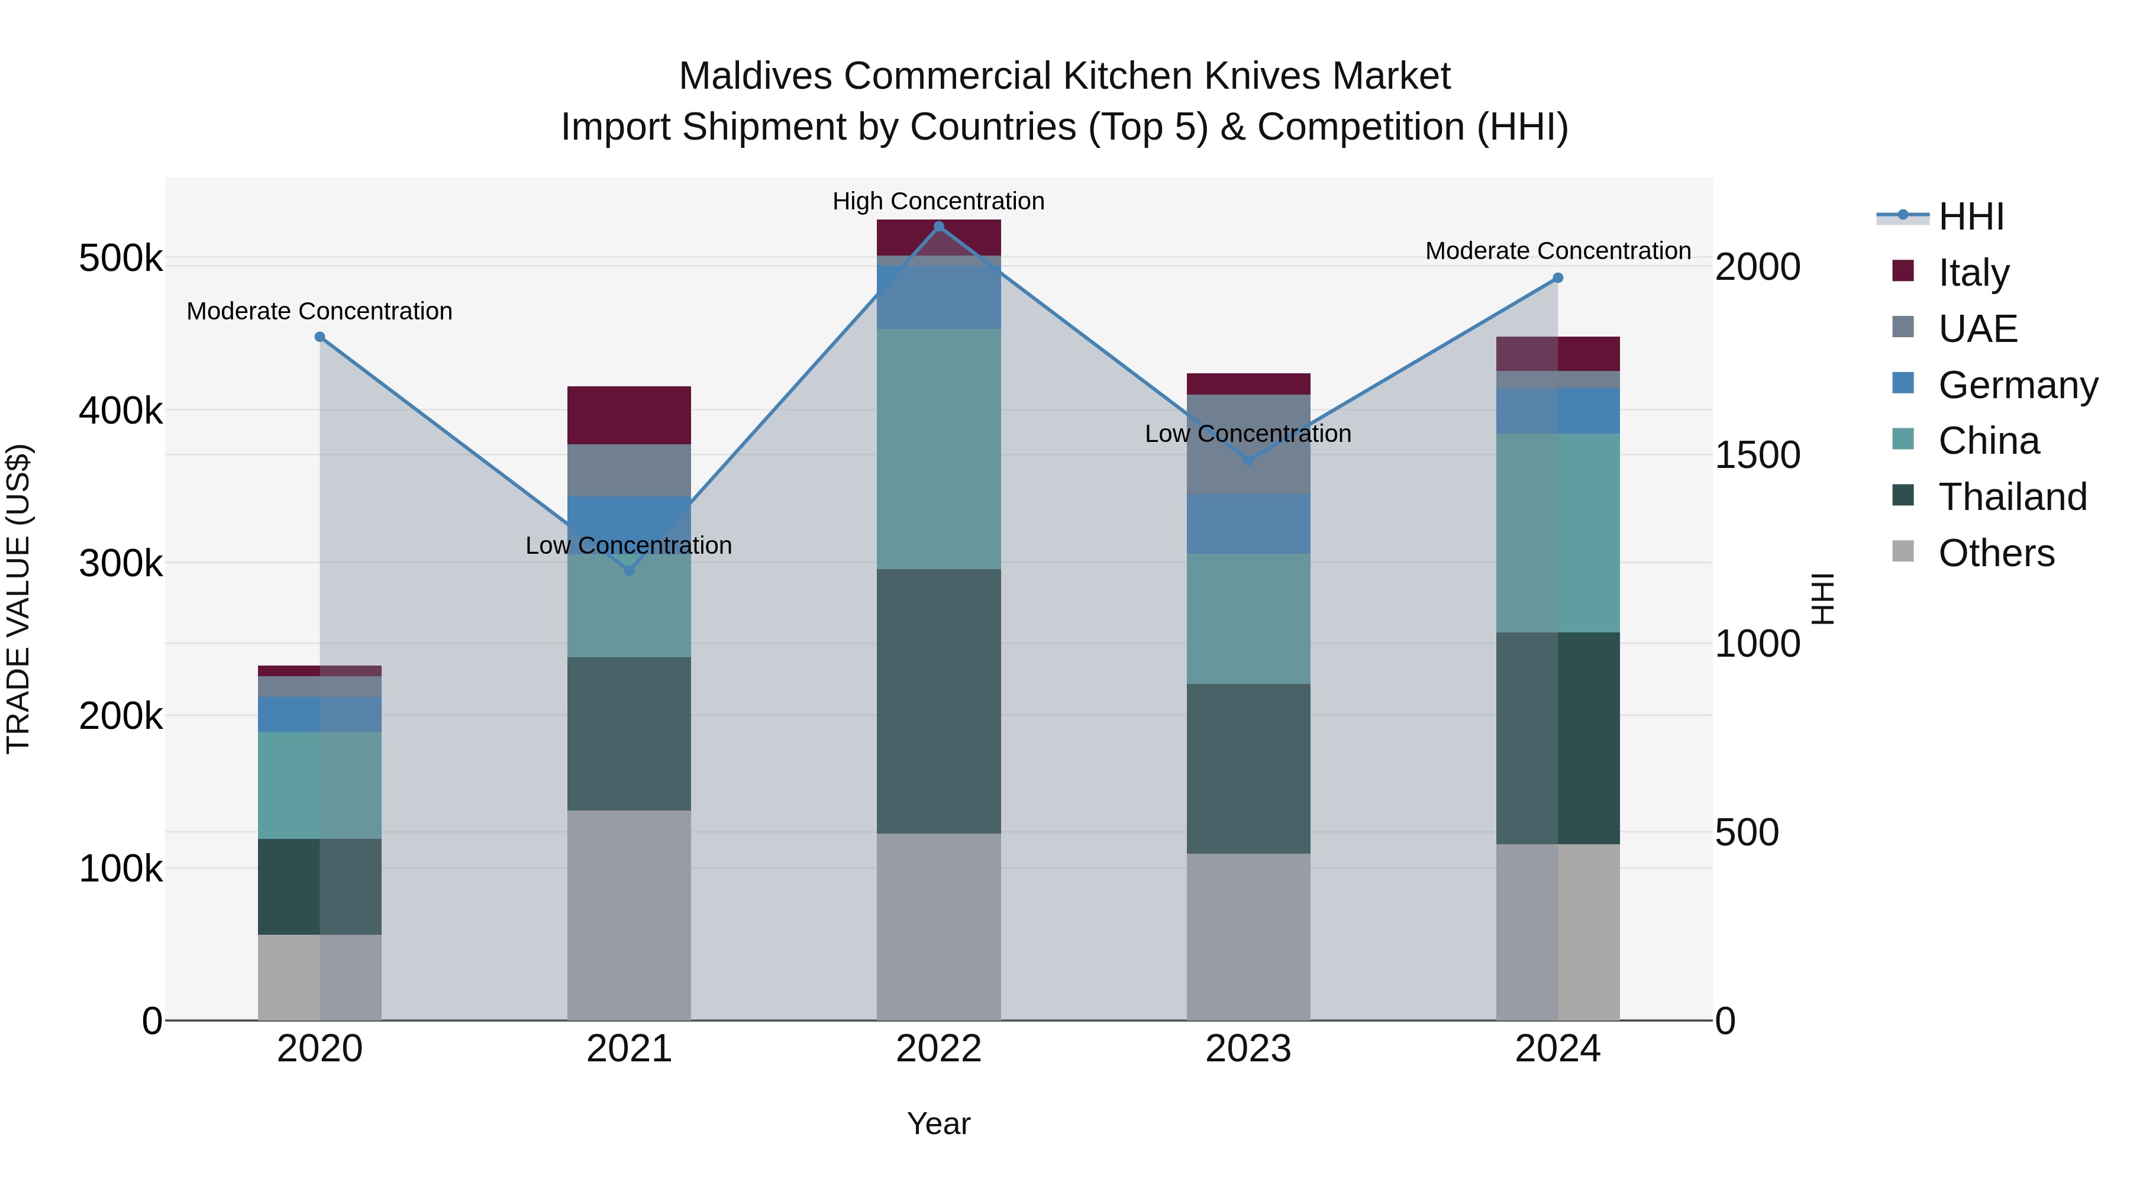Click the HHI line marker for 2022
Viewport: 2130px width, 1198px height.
(x=938, y=227)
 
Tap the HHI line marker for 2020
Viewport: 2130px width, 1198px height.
(x=320, y=337)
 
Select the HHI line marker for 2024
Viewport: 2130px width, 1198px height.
(x=1558, y=278)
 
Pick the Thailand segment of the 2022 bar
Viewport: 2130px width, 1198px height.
(x=938, y=700)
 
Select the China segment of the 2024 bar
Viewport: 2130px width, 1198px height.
(x=1558, y=532)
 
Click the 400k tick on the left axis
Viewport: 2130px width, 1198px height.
(x=121, y=410)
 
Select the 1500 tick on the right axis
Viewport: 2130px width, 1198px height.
(x=1757, y=455)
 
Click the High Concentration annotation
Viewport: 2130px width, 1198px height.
(x=938, y=201)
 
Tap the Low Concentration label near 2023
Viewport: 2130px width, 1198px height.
(x=1248, y=433)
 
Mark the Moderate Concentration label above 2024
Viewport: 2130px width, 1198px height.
(x=1558, y=250)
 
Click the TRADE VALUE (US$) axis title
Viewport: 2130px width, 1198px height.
(x=18, y=599)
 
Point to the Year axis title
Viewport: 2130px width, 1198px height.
(x=938, y=1123)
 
